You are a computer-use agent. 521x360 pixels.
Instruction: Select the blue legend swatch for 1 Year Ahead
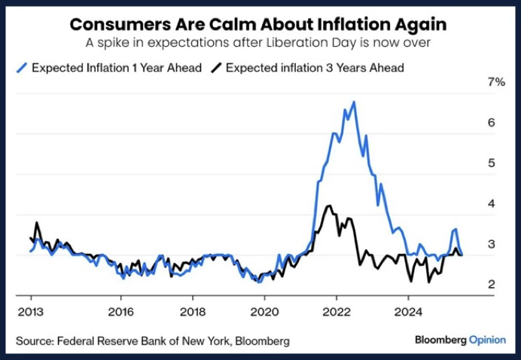click(23, 68)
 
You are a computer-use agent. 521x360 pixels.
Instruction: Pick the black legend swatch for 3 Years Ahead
click(216, 68)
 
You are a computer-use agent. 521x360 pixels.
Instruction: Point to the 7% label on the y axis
click(496, 81)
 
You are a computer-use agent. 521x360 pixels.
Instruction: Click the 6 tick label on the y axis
click(492, 122)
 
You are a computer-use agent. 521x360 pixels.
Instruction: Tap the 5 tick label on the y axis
click(492, 163)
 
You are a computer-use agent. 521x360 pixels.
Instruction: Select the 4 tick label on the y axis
click(492, 203)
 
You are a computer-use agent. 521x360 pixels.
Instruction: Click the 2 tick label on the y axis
click(492, 284)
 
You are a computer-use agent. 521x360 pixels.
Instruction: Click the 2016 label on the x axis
click(120, 310)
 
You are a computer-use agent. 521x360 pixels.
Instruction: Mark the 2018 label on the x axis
click(193, 310)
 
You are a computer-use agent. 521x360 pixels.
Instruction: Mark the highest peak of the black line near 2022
click(327, 206)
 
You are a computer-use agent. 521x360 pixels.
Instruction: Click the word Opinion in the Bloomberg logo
click(487, 340)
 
